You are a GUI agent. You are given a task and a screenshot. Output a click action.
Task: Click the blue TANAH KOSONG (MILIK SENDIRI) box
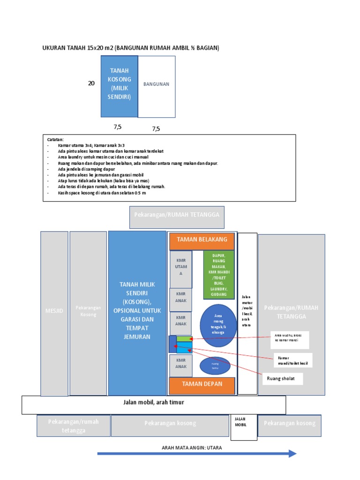pos(119,86)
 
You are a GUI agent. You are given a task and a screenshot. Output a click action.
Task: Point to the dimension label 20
pos(91,83)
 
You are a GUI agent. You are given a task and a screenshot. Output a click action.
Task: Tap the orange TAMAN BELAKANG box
pos(202,240)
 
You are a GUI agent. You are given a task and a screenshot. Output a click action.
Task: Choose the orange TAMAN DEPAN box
pos(202,384)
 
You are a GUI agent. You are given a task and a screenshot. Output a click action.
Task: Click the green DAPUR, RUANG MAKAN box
pos(218,275)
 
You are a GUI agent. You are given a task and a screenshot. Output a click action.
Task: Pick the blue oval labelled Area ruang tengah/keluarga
pos(218,325)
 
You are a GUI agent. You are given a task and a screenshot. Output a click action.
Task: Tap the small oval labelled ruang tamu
pos(215,365)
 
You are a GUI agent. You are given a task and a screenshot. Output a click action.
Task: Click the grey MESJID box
pos(54,313)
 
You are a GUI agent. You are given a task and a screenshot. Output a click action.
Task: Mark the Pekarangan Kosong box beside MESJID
pos(88,313)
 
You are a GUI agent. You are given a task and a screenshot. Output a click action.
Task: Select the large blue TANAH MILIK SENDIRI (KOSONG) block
pos(137,313)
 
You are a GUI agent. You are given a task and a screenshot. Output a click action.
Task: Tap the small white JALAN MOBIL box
pos(243,426)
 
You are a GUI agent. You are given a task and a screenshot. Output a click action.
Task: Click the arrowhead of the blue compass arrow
pos(292,453)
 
